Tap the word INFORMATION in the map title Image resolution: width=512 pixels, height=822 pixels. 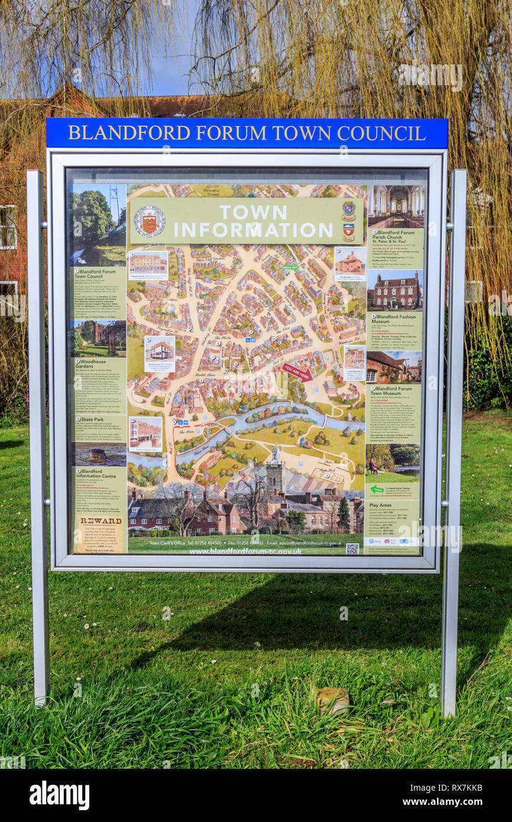[x=252, y=229]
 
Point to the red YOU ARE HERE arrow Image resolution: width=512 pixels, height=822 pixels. [x=297, y=372]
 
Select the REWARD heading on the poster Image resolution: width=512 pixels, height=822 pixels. [x=101, y=521]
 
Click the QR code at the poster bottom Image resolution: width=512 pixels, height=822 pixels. [x=352, y=548]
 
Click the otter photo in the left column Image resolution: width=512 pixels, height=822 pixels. [x=99, y=455]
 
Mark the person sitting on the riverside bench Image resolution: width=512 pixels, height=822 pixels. [x=373, y=467]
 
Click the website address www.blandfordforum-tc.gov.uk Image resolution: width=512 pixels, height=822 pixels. [x=245, y=551]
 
